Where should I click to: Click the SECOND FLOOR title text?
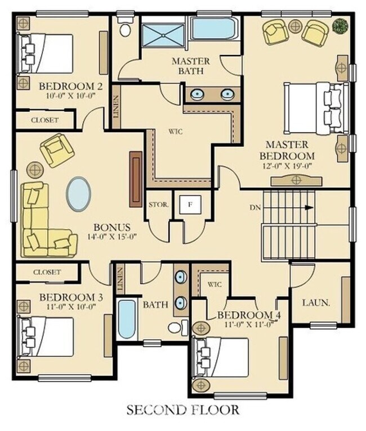pos(182,409)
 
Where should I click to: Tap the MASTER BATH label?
pos(191,66)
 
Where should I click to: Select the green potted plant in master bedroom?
pos(340,25)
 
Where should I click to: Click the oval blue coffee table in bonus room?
pos(78,194)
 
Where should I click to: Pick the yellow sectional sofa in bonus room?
pos(42,222)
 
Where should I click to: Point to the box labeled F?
pos(190,205)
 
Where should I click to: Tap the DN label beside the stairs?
pos(255,207)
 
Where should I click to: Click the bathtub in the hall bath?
pos(127,319)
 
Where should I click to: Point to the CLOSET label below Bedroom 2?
pos(45,120)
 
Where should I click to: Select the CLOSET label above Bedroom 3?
pos(47,272)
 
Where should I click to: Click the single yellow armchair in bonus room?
pos(57,150)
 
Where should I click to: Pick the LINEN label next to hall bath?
pos(120,279)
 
